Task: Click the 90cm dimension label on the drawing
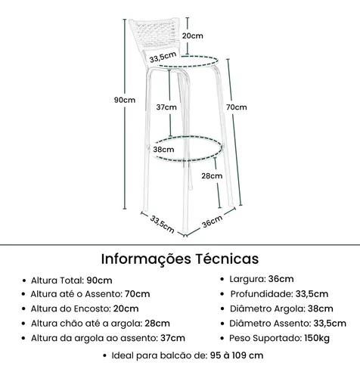point(125,100)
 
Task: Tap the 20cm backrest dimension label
point(193,36)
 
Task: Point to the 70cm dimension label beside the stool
point(236,107)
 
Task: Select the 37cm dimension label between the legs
point(166,107)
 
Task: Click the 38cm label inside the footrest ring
point(163,150)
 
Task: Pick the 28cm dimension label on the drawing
point(212,176)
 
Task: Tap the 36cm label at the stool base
point(213,222)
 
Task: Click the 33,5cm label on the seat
point(163,57)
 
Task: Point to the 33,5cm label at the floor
point(162,225)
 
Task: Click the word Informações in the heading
point(146,259)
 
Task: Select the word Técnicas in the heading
point(227,259)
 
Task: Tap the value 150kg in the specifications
point(317,338)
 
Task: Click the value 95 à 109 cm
point(237,355)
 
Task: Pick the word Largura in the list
point(247,279)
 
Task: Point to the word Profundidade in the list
point(261,294)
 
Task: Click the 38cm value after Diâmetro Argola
point(321,308)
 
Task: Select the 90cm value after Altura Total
point(99,280)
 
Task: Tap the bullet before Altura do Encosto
point(24,308)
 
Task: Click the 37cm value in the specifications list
point(172,338)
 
